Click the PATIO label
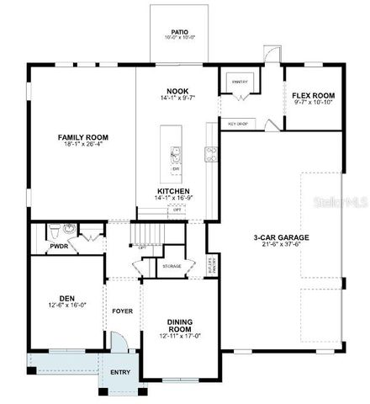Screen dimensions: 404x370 [178, 32]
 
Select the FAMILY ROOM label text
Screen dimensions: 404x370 [83, 137]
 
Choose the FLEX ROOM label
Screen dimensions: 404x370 [314, 95]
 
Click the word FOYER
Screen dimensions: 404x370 [123, 311]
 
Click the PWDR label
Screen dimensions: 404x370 [58, 247]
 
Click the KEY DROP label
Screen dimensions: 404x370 [238, 124]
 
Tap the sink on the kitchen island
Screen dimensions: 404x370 [176, 153]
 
